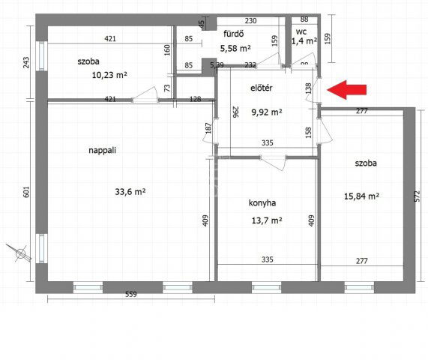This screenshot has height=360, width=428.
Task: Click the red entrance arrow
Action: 346,89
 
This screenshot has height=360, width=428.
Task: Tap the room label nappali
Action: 103,151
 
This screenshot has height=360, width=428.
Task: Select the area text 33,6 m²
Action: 130,192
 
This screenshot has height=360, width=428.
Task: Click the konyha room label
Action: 262,203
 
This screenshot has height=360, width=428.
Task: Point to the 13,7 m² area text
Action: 267,220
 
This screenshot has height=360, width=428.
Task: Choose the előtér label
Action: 261,88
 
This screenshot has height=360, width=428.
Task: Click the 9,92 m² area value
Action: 267,112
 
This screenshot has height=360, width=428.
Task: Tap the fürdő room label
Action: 234,34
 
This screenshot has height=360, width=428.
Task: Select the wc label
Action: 301,32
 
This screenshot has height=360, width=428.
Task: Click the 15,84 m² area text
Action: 361,196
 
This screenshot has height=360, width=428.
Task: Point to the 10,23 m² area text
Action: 109,75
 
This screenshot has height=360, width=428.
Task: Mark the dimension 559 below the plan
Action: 131,295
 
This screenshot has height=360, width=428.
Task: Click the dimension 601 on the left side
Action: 25,192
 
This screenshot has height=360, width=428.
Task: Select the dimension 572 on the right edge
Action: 417,196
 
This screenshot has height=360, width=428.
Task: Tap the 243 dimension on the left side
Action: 25,62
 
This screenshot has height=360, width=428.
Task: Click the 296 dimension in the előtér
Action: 235,112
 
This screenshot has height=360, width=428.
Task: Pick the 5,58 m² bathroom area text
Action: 235,49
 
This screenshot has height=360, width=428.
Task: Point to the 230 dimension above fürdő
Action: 250,21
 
